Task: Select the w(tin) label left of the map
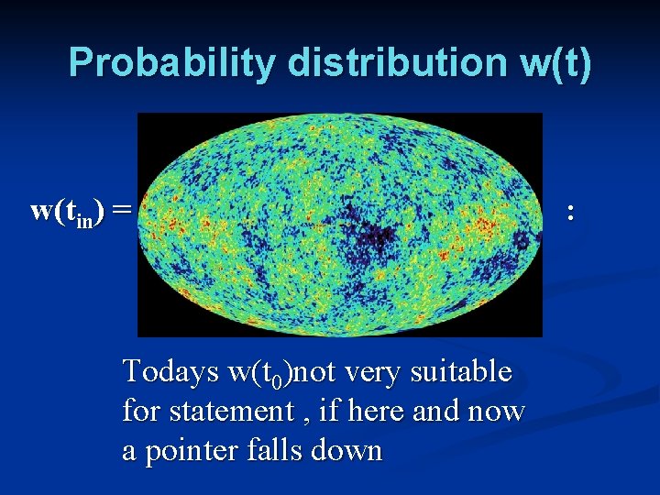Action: pos(67,211)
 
